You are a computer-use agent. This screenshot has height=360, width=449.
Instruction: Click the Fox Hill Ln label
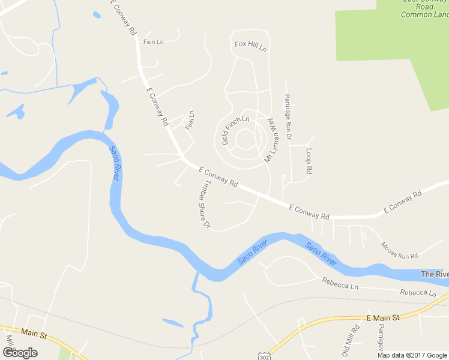(250, 46)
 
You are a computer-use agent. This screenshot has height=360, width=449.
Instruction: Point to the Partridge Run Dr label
(288, 116)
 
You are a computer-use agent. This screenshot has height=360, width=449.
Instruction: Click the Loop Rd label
(309, 161)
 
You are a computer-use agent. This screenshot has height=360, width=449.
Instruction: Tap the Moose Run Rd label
(399, 250)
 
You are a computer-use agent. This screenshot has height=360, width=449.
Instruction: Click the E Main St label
(382, 317)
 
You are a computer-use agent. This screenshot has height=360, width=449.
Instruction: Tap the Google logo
(20, 352)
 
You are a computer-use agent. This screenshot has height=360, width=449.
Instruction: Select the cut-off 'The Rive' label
(434, 274)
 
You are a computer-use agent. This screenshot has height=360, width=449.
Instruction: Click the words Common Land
(423, 14)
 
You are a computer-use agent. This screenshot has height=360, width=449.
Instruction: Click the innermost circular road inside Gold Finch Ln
(245, 140)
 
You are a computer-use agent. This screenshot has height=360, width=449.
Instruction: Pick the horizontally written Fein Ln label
(153, 41)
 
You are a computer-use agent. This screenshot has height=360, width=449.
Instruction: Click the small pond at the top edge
(97, 15)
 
